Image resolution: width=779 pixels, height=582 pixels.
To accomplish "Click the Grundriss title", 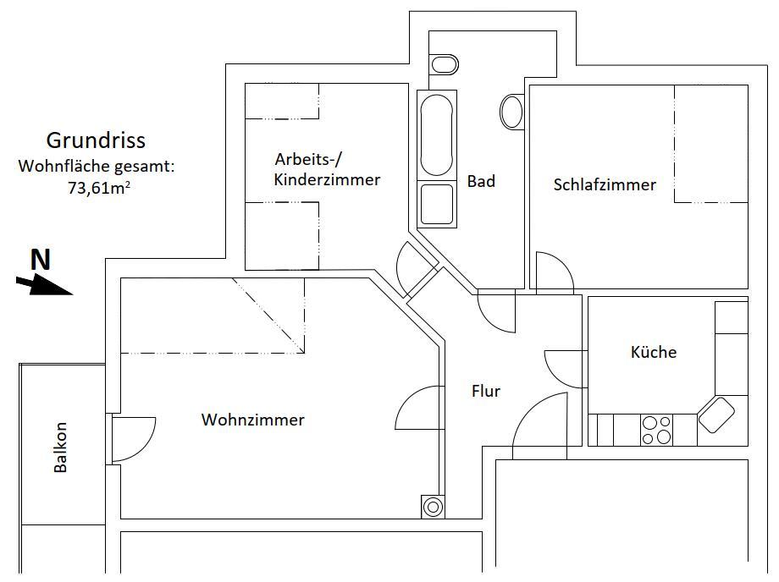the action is click(96, 140).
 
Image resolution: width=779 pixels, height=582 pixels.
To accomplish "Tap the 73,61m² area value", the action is click(99, 189).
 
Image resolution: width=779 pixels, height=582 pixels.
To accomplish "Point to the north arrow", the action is click(45, 286).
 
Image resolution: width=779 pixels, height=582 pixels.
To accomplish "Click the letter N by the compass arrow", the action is click(41, 259).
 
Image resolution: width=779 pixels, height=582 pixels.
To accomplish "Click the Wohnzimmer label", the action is click(253, 420).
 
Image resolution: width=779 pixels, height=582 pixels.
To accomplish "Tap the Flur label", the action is click(486, 391).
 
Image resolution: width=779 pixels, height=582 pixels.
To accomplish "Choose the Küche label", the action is click(654, 352).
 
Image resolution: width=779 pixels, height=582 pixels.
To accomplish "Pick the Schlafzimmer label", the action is click(605, 185).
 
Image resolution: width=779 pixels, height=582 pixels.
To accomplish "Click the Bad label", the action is click(481, 181).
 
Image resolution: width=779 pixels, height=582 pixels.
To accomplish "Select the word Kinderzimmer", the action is click(327, 179).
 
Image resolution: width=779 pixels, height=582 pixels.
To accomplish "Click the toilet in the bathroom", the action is click(444, 64).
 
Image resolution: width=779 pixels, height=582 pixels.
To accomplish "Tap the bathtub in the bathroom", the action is click(437, 135).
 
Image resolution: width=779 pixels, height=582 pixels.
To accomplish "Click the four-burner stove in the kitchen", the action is click(656, 430).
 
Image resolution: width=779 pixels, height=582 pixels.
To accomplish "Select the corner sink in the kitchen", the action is click(716, 415).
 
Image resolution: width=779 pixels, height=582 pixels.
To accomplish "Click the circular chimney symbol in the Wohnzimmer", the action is click(433, 507).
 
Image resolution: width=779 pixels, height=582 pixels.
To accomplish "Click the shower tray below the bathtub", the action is click(437, 204).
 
